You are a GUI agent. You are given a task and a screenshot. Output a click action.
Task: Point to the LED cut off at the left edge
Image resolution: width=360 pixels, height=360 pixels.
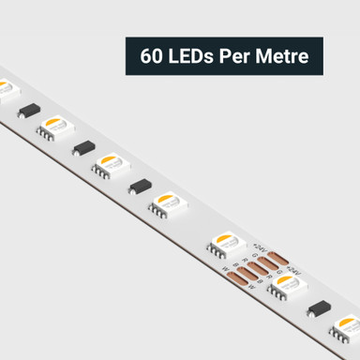6,90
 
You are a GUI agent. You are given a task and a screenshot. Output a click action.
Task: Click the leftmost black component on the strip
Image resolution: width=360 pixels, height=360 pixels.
29,110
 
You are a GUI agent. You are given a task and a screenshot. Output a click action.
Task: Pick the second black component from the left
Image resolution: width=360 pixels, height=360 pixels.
84,148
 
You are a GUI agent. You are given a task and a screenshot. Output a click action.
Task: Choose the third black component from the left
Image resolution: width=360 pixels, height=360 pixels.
142,186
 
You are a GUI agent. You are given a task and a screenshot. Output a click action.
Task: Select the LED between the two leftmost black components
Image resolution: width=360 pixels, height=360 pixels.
56,126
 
